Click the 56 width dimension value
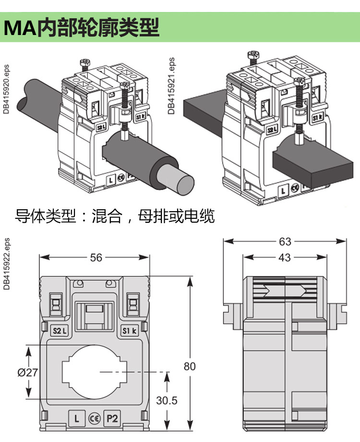[96, 258]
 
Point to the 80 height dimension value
[190, 366]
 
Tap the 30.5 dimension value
[167, 400]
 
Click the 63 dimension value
[285, 241]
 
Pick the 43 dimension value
[285, 258]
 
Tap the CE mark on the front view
[94, 418]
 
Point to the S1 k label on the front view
[129, 330]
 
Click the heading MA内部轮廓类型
[82, 28]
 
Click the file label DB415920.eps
[6, 89]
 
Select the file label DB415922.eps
[6, 264]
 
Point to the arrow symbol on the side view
[285, 290]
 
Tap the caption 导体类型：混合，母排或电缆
[115, 216]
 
